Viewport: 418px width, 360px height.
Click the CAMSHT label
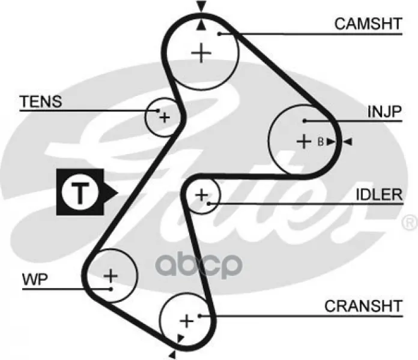(368, 23)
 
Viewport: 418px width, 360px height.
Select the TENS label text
(41, 101)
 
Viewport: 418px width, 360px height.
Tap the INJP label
(384, 112)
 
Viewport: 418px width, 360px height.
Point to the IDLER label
(379, 194)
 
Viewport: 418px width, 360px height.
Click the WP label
(35, 280)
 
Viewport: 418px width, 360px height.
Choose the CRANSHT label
(363, 306)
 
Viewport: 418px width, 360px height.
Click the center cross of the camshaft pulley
(201, 53)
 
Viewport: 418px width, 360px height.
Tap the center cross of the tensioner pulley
(165, 117)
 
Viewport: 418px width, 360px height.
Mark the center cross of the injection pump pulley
(304, 142)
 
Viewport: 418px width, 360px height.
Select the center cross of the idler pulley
(202, 195)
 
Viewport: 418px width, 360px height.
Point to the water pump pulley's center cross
(111, 275)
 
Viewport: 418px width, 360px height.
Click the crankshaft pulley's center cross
(187, 321)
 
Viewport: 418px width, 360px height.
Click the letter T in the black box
(80, 192)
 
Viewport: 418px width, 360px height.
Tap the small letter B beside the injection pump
(321, 142)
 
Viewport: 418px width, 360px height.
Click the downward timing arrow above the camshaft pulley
(201, 6)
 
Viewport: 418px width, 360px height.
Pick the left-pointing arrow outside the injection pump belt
(348, 142)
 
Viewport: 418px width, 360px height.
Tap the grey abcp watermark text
(199, 265)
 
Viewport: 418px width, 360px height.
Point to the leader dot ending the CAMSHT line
(219, 34)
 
